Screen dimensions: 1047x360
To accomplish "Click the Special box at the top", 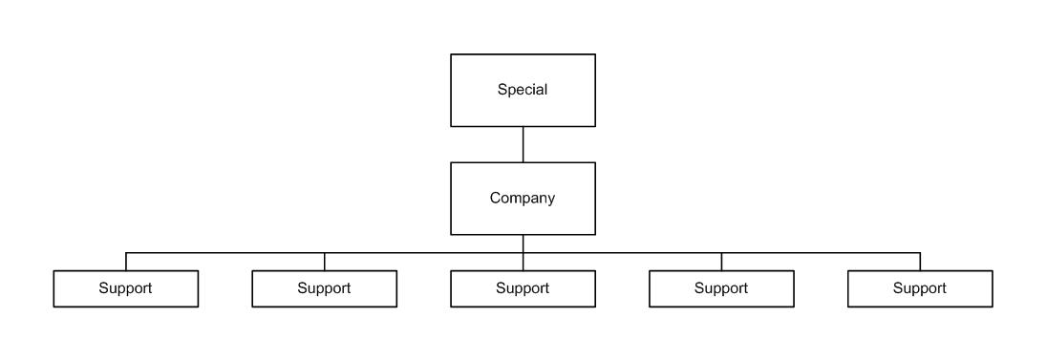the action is (x=523, y=90).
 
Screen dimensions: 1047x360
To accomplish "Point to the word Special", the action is (x=523, y=90).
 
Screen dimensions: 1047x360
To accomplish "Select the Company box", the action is (x=523, y=199).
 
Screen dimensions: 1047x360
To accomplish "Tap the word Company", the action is (x=523, y=199).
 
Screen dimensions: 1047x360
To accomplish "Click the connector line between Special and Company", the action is (x=523, y=144).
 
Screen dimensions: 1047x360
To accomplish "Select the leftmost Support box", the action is (x=125, y=288).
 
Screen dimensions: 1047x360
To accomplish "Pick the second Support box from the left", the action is (x=325, y=288).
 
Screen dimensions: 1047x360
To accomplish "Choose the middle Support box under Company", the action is (x=523, y=288).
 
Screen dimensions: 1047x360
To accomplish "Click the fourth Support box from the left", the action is (x=721, y=288).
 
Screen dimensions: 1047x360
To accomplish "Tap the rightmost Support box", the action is (x=920, y=288).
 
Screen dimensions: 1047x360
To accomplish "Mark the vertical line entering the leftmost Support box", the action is (x=125, y=262).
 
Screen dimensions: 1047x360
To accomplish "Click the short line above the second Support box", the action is (x=325, y=262).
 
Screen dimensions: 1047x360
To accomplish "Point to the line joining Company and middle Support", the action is (x=523, y=252).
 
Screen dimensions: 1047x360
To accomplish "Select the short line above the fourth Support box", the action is (x=721, y=262).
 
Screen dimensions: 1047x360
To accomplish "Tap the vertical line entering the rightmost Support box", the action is (x=920, y=262).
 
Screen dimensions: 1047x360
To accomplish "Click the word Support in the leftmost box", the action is (x=125, y=288).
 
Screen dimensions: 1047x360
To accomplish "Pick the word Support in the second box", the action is (x=324, y=288).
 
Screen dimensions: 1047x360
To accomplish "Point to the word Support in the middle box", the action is (x=523, y=288).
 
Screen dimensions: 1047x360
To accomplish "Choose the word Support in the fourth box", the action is (x=721, y=288).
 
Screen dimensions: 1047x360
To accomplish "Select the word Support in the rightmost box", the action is (x=919, y=288).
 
